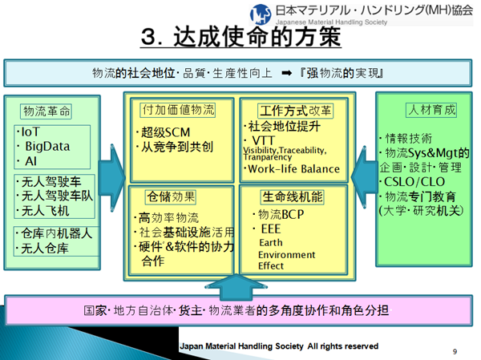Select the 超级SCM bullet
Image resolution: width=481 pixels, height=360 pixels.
coord(164,132)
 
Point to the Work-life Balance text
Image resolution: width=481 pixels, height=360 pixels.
coord(293,169)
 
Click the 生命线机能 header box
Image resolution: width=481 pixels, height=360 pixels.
coord(291,196)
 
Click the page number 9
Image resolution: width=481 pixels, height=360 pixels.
coord(455,351)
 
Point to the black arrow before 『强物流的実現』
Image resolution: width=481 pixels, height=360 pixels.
coord(286,74)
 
